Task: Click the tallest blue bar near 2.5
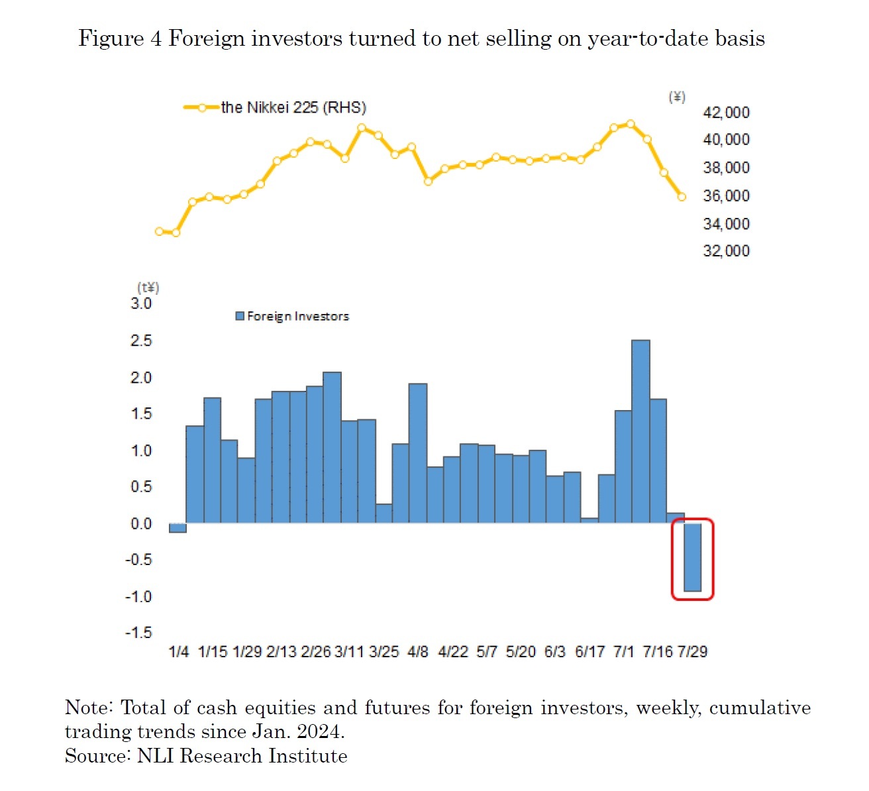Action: point(640,431)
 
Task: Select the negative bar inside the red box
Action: point(692,557)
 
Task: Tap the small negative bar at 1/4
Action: point(178,528)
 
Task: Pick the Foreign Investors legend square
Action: point(240,317)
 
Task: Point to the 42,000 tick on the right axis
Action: point(726,113)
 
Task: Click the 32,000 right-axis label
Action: point(726,251)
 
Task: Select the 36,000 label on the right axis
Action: point(726,196)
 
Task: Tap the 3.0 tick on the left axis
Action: point(141,304)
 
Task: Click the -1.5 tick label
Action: point(138,633)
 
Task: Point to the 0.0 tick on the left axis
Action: point(141,524)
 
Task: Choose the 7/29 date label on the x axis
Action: point(692,652)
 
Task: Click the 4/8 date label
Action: point(418,652)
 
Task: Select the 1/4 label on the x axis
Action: point(179,652)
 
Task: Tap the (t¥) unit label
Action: point(148,288)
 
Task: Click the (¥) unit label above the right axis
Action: point(676,97)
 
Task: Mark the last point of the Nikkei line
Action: point(682,197)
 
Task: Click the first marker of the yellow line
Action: point(159,231)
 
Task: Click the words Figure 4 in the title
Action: point(119,38)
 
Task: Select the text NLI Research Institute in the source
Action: point(242,756)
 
